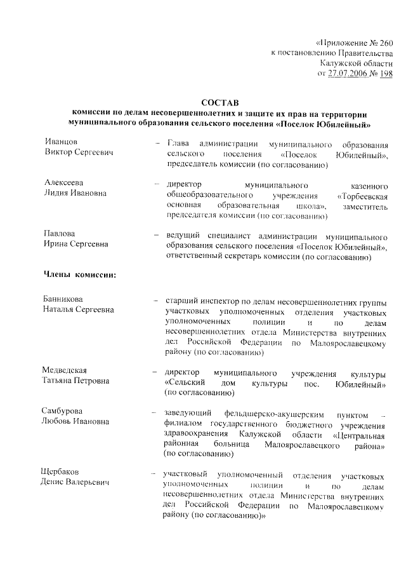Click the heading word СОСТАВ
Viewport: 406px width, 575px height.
click(219, 102)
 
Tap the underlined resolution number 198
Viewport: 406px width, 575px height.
click(386, 74)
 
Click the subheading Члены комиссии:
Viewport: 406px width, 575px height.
click(79, 275)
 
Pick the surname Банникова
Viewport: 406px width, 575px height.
click(64, 299)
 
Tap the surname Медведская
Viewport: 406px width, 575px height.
click(65, 370)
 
